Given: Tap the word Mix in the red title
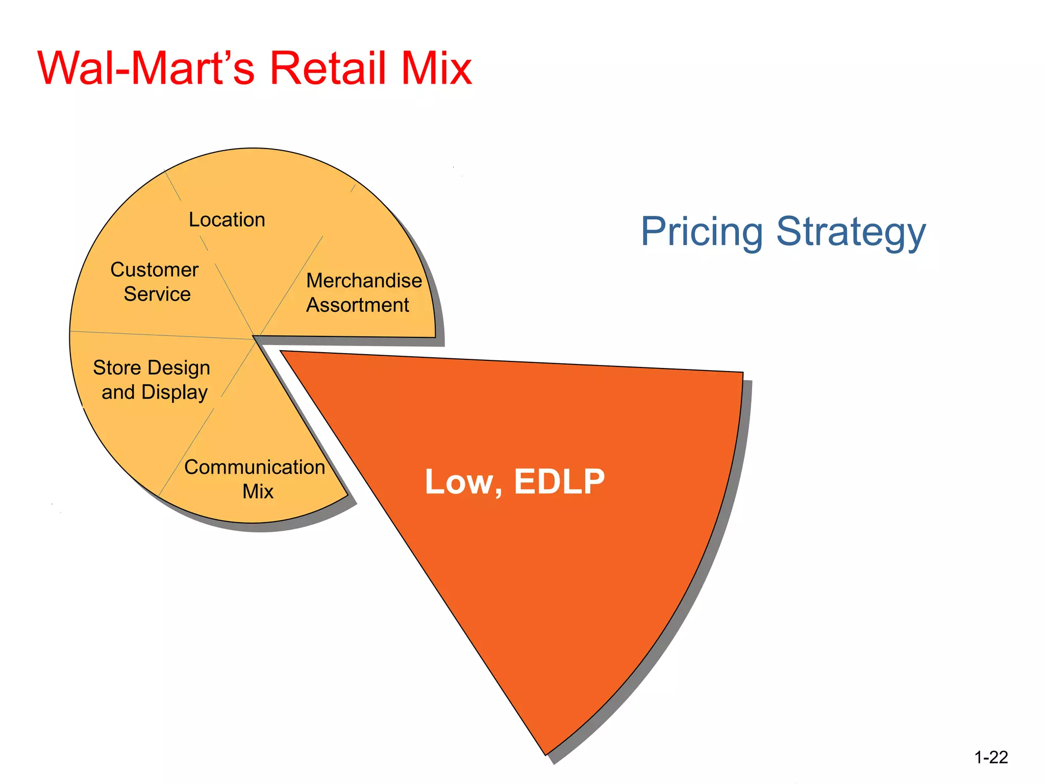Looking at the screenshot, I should coord(436,68).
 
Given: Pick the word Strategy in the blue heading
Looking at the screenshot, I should coord(851,232).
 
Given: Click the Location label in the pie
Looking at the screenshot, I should coord(227,219).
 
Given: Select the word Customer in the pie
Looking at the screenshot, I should coord(155,269).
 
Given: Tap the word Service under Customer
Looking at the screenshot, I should coord(157,294).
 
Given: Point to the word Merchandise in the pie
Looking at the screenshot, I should coord(364,280).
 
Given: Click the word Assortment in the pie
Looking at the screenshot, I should coord(358,305).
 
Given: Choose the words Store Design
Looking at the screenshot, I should coord(152,367).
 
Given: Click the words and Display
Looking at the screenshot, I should coord(155,392).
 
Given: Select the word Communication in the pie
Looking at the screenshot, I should coord(255,467).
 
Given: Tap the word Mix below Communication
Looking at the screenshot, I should coord(258,492).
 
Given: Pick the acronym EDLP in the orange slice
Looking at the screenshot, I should coord(559,481).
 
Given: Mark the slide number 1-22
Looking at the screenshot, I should coord(991,757).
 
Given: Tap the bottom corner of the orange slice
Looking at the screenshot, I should coord(545,754).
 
